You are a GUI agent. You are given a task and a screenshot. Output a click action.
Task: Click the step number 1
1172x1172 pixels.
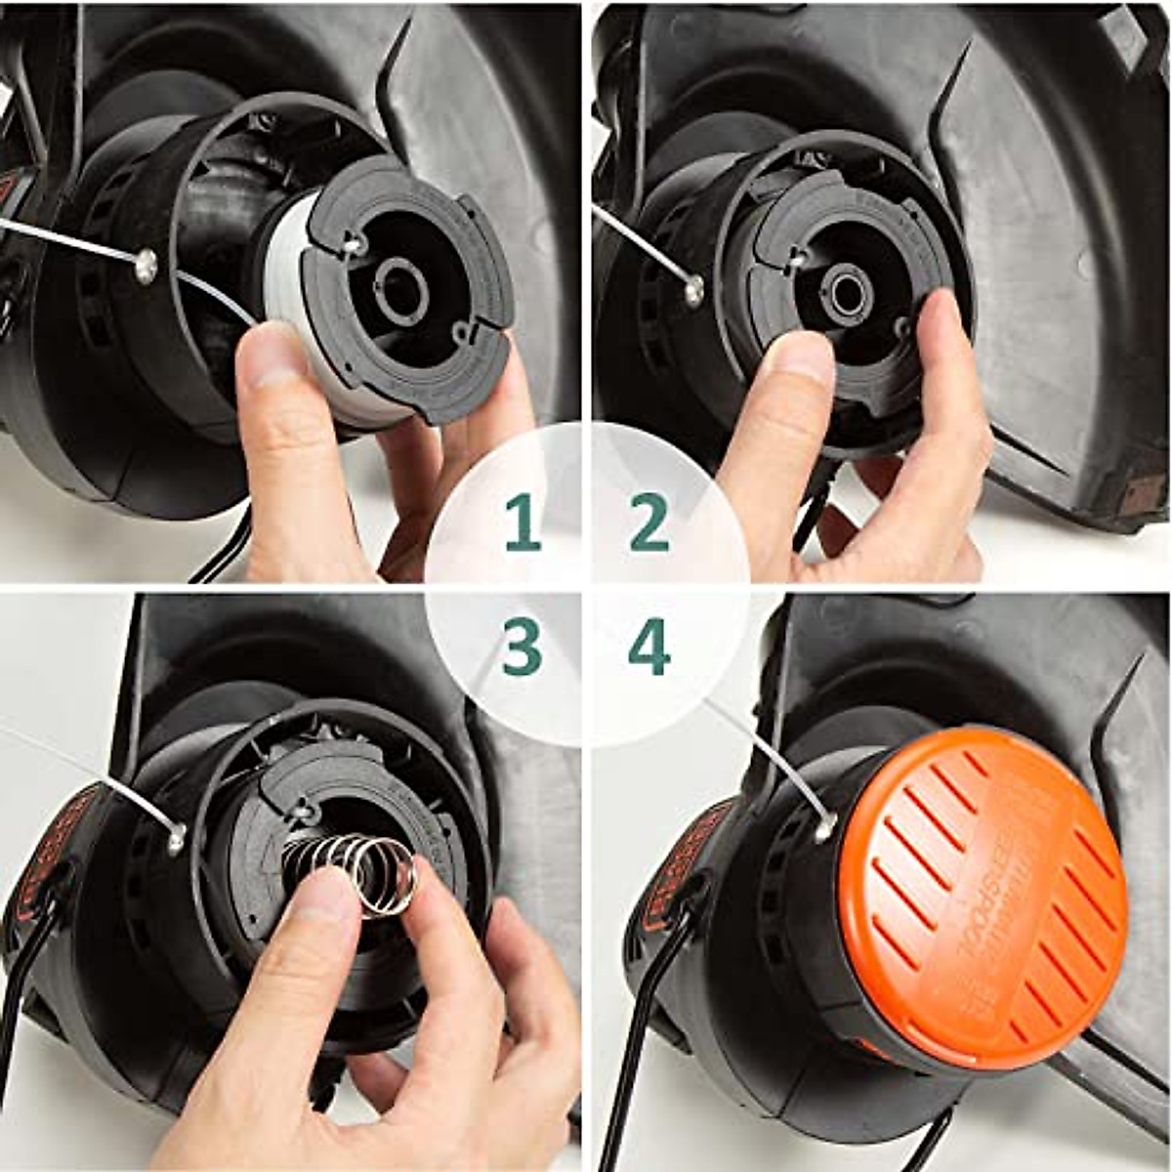523,523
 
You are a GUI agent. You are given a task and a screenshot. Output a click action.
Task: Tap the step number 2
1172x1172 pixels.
649,523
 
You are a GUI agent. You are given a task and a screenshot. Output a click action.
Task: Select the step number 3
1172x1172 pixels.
522,648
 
